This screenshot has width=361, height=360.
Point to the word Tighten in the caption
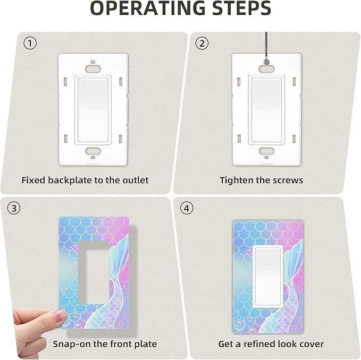[237, 180]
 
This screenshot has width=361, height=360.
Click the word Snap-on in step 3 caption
[71, 344]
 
